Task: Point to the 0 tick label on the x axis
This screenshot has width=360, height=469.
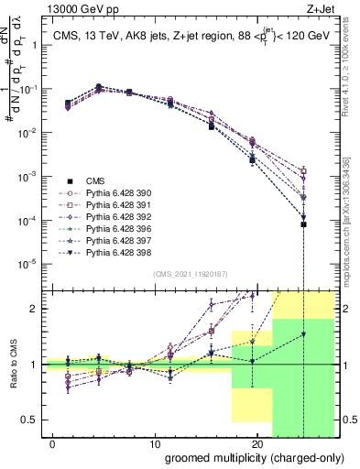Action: coord(49,442)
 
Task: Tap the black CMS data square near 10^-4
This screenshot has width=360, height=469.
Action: coord(303,224)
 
